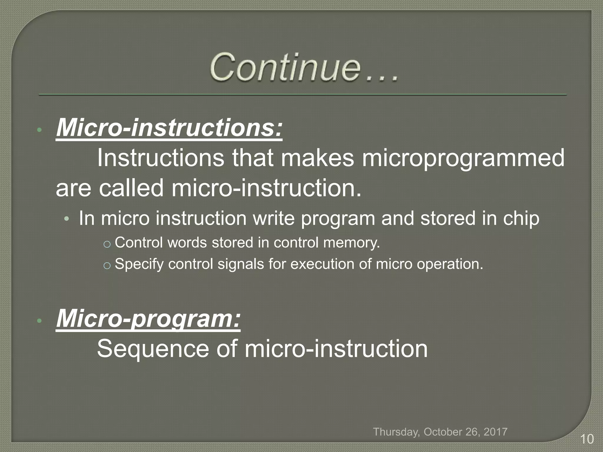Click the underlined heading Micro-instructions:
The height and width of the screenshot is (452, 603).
(x=169, y=128)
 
